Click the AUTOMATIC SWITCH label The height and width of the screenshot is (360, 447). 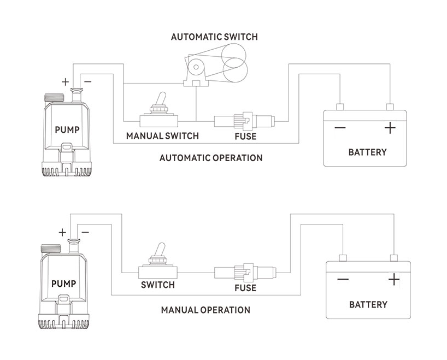(x=214, y=37)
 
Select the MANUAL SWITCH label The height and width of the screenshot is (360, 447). (x=162, y=135)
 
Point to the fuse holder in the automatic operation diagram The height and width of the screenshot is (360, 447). (x=244, y=120)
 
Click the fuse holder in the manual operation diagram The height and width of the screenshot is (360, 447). (x=244, y=272)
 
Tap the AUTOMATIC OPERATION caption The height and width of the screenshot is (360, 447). (x=210, y=158)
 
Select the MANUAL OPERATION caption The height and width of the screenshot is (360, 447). (x=205, y=310)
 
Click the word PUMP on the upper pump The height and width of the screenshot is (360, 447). (x=67, y=130)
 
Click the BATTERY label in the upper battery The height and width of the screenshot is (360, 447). (x=367, y=152)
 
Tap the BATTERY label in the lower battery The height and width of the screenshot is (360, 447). (x=368, y=304)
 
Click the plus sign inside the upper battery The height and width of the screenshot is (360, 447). (x=390, y=128)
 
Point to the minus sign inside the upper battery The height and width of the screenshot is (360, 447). (x=340, y=128)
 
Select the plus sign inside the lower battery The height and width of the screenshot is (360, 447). (x=393, y=280)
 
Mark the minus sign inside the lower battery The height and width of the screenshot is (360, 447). (x=343, y=280)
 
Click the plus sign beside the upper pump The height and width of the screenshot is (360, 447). (x=65, y=82)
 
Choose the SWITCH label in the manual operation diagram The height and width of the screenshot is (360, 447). (x=157, y=285)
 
